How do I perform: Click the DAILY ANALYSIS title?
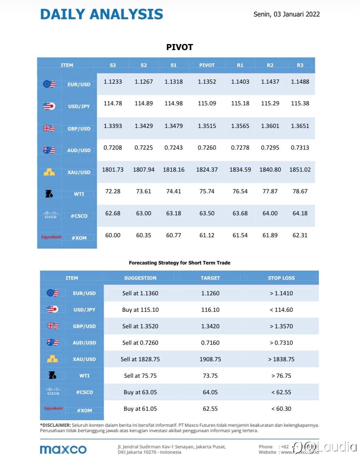point(101,14)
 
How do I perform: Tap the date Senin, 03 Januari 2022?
point(286,14)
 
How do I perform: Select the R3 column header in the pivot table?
point(300,65)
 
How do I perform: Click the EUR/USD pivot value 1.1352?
point(207,82)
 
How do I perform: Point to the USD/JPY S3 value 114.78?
point(113,103)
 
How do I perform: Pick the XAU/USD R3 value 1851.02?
point(300,169)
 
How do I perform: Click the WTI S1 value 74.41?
point(173,191)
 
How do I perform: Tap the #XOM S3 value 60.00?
point(113,235)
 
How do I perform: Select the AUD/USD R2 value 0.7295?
point(270,147)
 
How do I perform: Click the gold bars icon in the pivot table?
point(49,172)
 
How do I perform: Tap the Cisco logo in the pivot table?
point(50,214)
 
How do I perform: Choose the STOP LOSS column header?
point(281,278)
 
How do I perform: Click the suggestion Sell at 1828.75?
point(140,359)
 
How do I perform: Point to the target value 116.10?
point(210,310)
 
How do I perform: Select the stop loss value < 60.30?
point(281,409)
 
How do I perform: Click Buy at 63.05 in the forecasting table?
point(140,392)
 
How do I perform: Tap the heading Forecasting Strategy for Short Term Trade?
point(180,263)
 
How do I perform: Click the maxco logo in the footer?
point(63,449)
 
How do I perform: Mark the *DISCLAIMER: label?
point(55,425)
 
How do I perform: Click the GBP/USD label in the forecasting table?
point(84,326)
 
